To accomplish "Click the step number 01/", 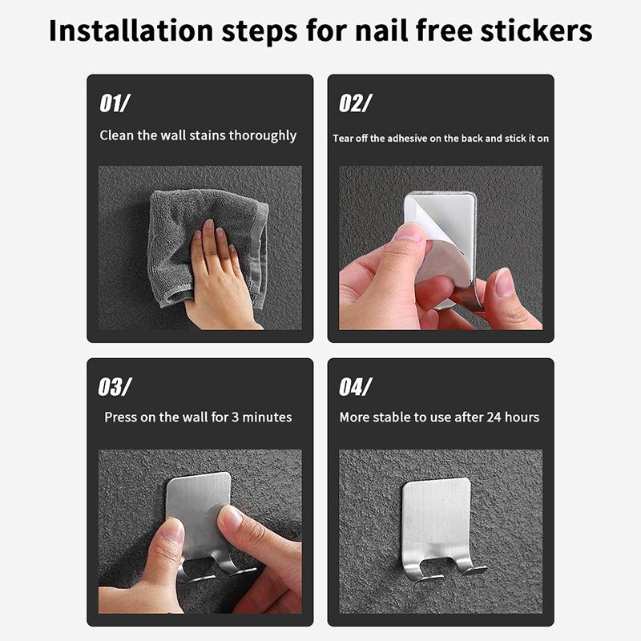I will point(115,103).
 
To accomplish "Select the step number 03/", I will point(115,387).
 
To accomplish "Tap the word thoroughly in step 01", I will point(263,135).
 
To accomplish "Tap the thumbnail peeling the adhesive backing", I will point(409,232).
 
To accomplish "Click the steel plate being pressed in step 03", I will point(200,501).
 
